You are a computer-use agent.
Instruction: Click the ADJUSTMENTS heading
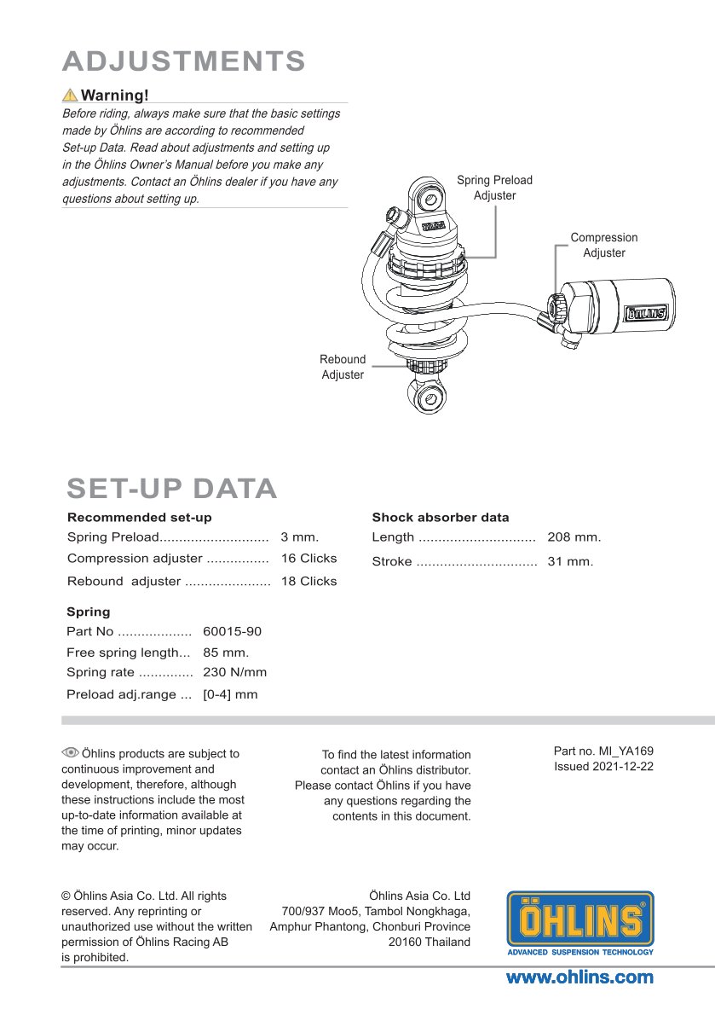click(183, 61)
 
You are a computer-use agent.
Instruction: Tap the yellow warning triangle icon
click(70, 96)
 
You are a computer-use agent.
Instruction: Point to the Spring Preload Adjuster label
click(494, 188)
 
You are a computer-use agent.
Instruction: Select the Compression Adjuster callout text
click(604, 246)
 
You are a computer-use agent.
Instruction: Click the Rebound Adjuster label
click(343, 367)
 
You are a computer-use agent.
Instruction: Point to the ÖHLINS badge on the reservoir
click(646, 313)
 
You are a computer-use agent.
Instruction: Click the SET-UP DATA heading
click(172, 489)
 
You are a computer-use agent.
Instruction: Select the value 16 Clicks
click(309, 558)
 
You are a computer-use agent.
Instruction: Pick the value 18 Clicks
click(309, 582)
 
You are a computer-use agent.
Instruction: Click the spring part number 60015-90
click(232, 631)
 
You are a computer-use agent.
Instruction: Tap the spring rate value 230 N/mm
click(234, 672)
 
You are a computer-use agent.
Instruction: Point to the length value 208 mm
click(574, 536)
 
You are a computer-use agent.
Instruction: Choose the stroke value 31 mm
click(570, 561)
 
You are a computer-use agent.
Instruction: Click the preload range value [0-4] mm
click(230, 694)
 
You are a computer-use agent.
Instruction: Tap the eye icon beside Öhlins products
click(70, 752)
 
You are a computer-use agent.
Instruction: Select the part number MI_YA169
click(626, 751)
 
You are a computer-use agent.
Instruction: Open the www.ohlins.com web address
click(579, 977)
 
